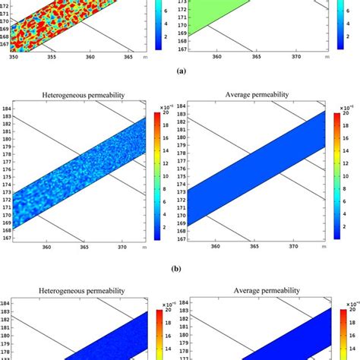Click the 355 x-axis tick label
coord(52,55)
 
